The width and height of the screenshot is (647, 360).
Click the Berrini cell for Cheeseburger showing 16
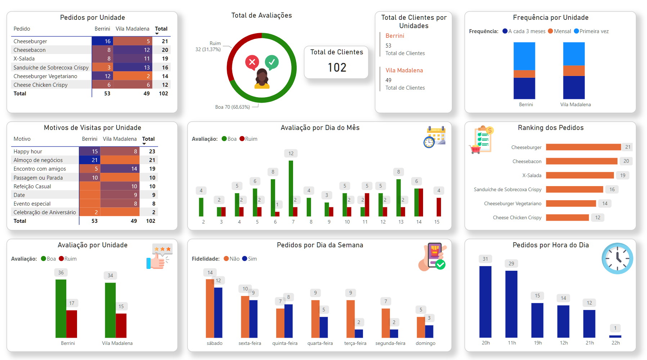102,41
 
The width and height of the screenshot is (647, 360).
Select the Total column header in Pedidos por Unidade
161,29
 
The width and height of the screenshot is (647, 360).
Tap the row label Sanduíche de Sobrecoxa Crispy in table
51,68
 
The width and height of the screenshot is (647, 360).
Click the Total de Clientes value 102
337,68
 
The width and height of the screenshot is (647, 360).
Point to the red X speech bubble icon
252,62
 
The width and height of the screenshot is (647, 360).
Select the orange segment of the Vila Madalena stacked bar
574,71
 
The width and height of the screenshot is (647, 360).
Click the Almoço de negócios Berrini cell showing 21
89,160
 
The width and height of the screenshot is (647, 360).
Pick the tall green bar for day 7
291,188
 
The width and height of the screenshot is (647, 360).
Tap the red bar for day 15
439,207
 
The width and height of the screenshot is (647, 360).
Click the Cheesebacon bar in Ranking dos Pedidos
581,161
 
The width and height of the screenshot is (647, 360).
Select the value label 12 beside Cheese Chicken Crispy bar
598,217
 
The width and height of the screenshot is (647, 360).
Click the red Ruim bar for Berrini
72,324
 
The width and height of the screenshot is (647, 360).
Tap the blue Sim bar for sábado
218,312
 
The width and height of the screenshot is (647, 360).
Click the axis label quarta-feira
320,343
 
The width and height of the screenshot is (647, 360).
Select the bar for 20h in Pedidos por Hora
485,301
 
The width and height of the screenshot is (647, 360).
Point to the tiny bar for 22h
615,336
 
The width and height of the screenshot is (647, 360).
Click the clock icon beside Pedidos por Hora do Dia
617,258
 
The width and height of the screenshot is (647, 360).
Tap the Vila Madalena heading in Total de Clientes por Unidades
404,71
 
